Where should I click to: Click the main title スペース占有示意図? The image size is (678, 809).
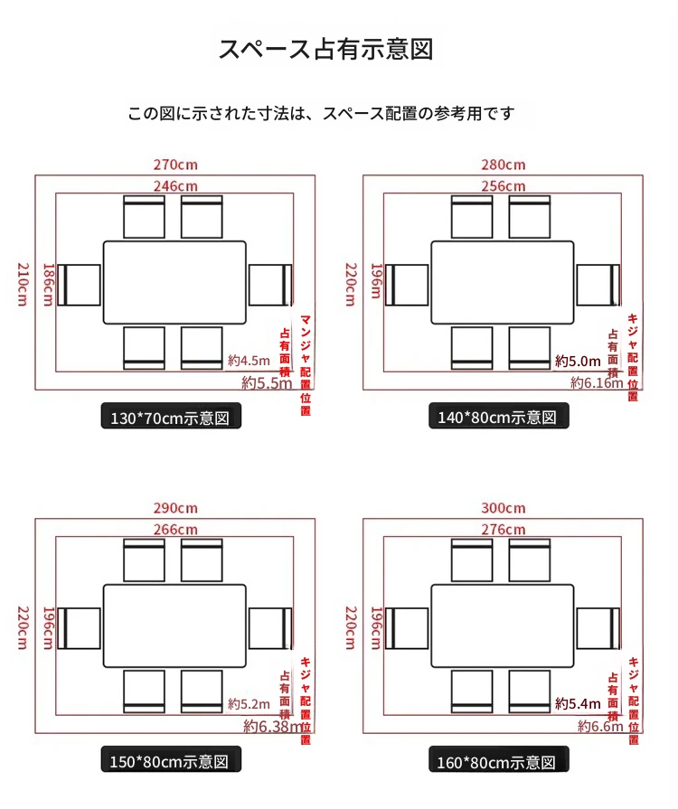tap(325, 49)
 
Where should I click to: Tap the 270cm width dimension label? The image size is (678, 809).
tap(174, 165)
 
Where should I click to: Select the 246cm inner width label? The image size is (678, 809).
tap(174, 185)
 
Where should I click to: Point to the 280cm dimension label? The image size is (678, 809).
tap(503, 165)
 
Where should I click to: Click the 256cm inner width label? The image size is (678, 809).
tap(503, 185)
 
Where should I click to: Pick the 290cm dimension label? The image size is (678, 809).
tap(174, 508)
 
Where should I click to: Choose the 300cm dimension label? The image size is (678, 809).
tap(503, 508)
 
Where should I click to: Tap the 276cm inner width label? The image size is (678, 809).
tap(503, 529)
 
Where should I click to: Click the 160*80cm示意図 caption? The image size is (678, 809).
tap(499, 761)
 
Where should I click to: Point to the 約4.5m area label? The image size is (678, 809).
tap(250, 361)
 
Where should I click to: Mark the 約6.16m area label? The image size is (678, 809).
tap(596, 383)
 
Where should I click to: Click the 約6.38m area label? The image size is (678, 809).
tap(272, 726)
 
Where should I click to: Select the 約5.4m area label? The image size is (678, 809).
tap(578, 703)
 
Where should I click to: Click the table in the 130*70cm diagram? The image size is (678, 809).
tap(174, 282)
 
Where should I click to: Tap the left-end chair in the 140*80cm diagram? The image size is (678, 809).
tap(407, 285)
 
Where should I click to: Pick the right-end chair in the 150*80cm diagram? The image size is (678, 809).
tap(271, 628)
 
